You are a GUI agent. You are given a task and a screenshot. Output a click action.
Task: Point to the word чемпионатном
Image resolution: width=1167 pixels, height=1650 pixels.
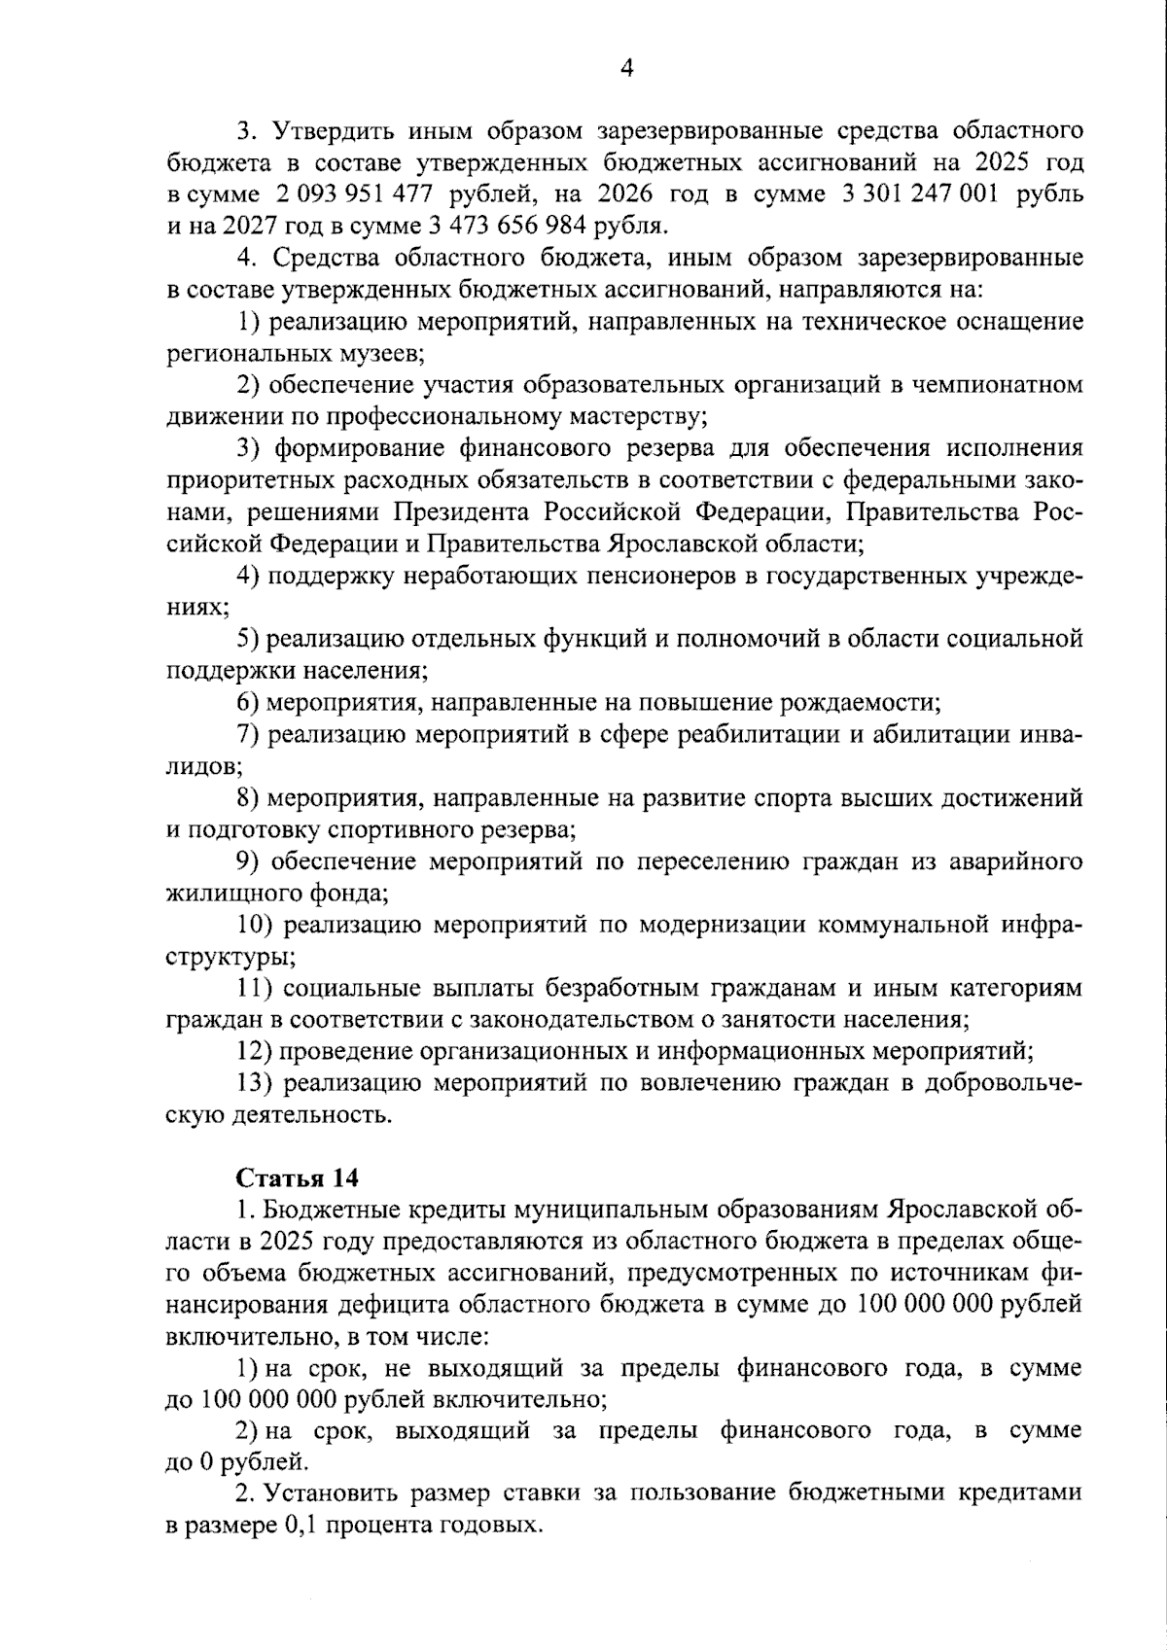click(995, 385)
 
